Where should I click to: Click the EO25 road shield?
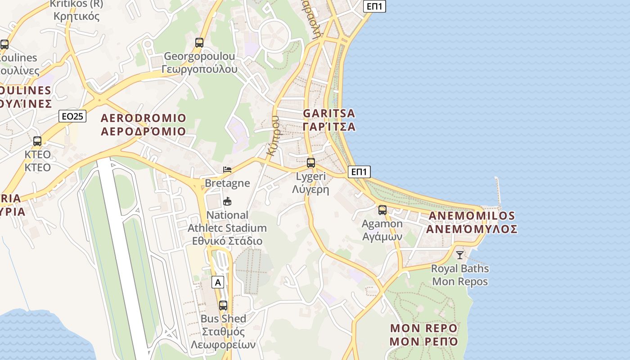tap(72, 117)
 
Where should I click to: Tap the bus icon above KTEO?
tap(37, 141)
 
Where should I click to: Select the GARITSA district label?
tap(329, 120)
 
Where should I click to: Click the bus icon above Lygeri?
tap(310, 163)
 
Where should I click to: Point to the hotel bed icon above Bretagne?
tap(227, 170)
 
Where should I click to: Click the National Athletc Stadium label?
tap(227, 228)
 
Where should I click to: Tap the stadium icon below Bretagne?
tap(227, 201)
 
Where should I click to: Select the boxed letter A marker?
tap(218, 283)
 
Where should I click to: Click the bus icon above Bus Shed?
tap(223, 306)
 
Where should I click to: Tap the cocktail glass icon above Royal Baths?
tap(459, 255)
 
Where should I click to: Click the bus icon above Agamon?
tap(382, 210)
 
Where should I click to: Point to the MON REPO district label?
tap(423, 334)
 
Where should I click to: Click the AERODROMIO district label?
tap(143, 125)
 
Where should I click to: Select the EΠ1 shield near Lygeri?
tap(359, 171)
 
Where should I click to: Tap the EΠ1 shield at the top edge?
tap(374, 6)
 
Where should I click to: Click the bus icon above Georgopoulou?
tap(199, 43)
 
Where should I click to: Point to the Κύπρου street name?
tap(273, 135)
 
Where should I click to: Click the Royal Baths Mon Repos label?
tap(459, 275)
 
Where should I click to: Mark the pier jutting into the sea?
tap(498, 191)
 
